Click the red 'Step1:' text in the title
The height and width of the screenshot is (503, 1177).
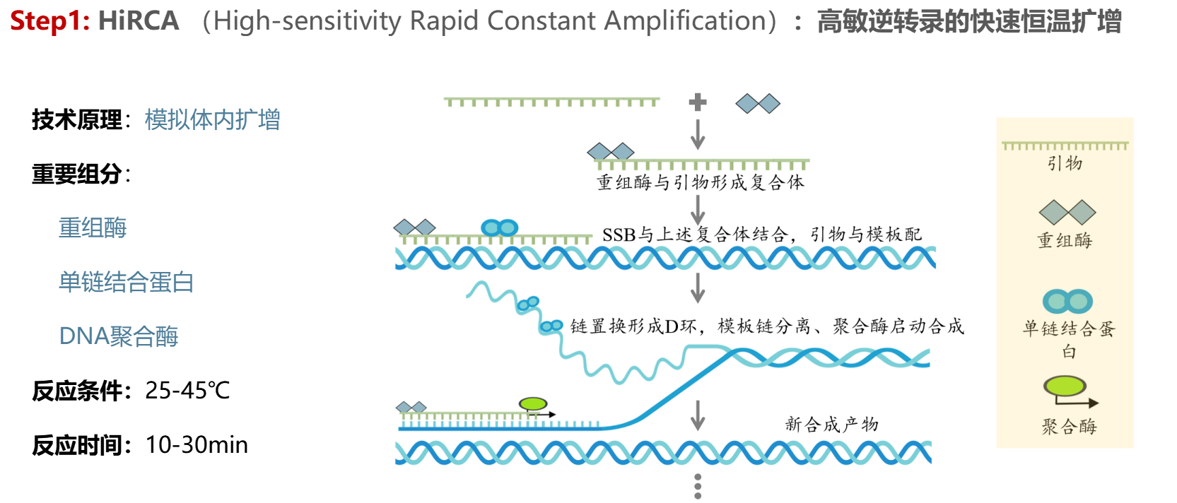[49, 21]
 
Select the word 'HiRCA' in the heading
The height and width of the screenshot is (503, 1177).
[139, 21]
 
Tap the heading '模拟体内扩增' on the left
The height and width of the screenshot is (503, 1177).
[212, 120]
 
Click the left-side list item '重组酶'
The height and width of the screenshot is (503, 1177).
[93, 228]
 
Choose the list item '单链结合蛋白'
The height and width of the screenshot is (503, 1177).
[126, 283]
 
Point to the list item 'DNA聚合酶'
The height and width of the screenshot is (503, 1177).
[118, 336]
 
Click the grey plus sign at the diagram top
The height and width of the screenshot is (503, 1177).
[698, 102]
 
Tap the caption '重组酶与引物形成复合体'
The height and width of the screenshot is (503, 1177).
[701, 183]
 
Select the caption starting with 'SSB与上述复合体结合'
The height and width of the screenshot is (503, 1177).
[761, 235]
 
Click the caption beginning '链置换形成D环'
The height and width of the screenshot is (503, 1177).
[767, 326]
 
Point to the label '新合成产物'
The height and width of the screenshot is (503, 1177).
[831, 425]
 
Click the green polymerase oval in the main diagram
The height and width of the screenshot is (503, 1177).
[533, 404]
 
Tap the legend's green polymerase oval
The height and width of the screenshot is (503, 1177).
[1065, 386]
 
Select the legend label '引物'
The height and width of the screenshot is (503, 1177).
[1065, 164]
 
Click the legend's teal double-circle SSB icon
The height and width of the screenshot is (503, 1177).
[1067, 302]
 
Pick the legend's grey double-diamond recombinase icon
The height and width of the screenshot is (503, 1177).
[1067, 212]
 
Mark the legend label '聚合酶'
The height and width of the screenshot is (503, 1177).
[1068, 427]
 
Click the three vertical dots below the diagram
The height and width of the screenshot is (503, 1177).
[698, 486]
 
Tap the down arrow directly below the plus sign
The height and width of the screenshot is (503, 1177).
[698, 134]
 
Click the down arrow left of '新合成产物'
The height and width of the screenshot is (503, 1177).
[698, 415]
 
